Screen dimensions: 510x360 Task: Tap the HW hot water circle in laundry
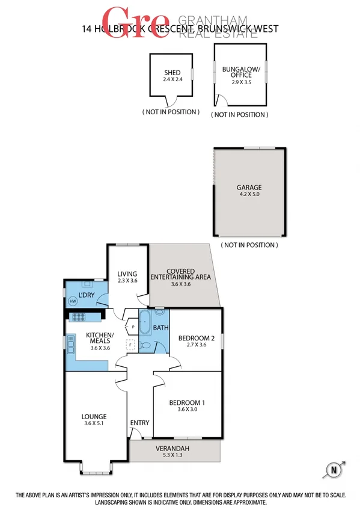pyautogui.click(x=73, y=301)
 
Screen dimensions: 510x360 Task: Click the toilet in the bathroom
pyautogui.click(x=146, y=346)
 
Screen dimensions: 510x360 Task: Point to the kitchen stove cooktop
pyautogui.click(x=79, y=317)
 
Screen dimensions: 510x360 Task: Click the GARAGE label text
pyautogui.click(x=248, y=188)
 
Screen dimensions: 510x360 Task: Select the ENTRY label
pyautogui.click(x=139, y=423)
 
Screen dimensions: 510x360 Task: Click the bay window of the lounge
pyautogui.click(x=95, y=467)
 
